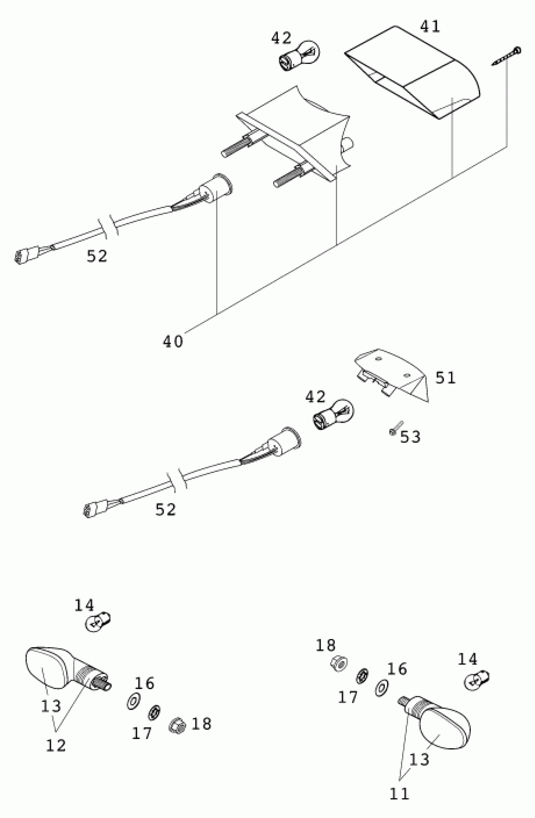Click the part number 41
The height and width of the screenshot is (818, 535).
coord(430,27)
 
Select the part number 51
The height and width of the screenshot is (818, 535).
coord(445,378)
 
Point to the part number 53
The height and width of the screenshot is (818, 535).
coord(410,437)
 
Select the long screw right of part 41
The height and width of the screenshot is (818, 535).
coord(507,57)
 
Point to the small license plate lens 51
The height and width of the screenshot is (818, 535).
coord(392,375)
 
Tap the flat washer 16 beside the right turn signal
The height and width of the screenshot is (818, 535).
coord(381,688)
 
